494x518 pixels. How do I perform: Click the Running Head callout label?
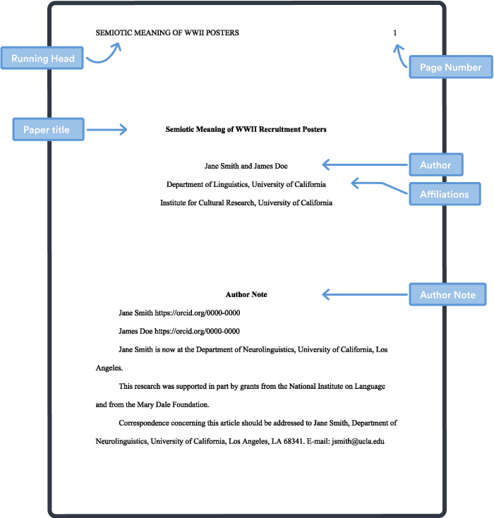pos(42,59)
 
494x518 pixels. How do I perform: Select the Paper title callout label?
pos(47,130)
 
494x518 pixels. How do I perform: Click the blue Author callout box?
pos(435,165)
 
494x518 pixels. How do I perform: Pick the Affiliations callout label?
pos(445,194)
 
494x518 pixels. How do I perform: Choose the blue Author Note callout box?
pos(447,294)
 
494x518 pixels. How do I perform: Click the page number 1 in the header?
pos(395,32)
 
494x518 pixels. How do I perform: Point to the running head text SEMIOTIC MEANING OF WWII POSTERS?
pos(167,32)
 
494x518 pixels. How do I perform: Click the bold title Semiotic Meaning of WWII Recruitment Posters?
pos(246,130)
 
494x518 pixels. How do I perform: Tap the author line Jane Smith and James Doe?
pos(246,166)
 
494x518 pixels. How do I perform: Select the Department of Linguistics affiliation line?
pos(246,184)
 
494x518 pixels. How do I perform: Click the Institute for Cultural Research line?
pos(246,203)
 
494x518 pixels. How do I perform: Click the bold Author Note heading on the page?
pos(246,294)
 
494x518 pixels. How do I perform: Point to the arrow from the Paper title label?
pos(106,130)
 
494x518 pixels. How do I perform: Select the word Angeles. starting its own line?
pos(109,368)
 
